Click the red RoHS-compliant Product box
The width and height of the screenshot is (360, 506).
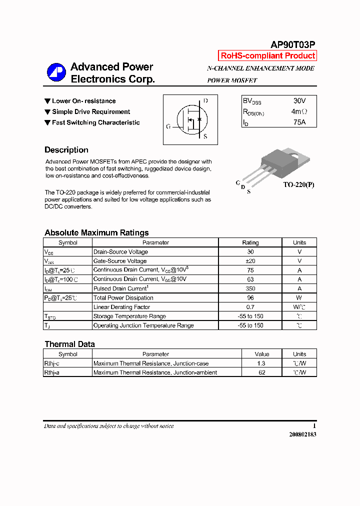(268, 56)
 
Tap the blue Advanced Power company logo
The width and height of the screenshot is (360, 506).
(56, 73)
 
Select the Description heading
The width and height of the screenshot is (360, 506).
(66, 150)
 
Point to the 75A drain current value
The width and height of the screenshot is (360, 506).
(299, 122)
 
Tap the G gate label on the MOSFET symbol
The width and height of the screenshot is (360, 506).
(168, 126)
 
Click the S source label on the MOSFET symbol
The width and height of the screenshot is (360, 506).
(205, 136)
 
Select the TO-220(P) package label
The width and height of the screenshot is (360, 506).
(299, 184)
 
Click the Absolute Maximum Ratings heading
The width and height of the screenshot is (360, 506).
(96, 232)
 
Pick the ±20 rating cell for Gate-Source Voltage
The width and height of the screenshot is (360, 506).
(250, 261)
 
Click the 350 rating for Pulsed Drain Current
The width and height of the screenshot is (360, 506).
(250, 288)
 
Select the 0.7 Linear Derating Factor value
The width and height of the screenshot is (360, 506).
(250, 307)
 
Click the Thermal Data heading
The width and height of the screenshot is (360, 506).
(69, 344)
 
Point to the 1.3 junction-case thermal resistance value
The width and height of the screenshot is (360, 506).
(261, 363)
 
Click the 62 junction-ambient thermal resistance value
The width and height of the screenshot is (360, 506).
(261, 372)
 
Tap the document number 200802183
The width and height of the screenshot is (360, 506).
(302, 434)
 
